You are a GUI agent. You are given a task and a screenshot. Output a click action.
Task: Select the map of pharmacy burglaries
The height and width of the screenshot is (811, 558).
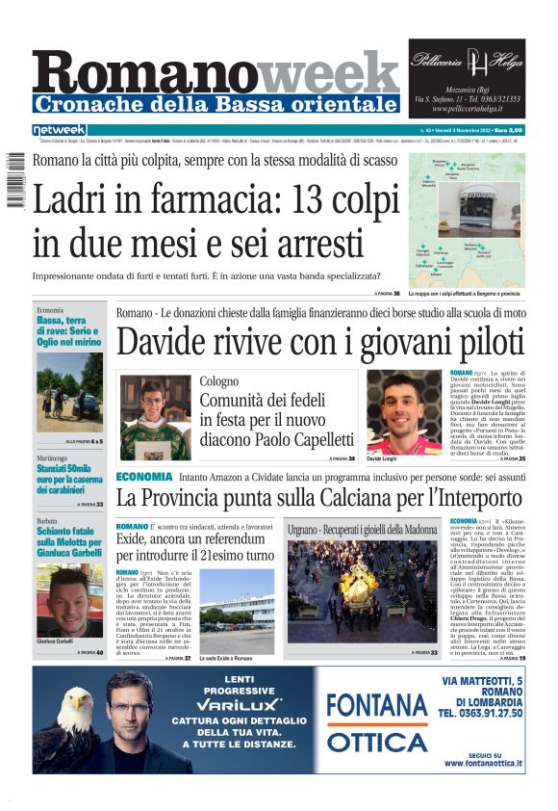coord(467,220)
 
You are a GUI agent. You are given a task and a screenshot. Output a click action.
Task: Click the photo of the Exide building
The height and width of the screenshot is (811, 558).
coord(237,613)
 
